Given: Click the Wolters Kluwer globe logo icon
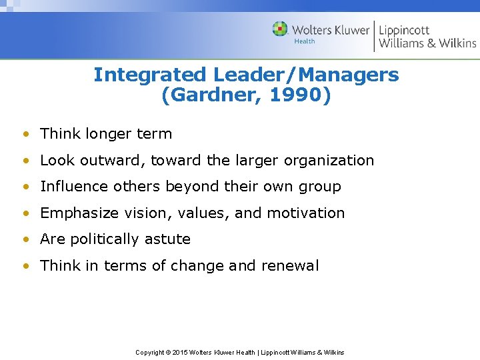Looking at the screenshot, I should pos(280,29).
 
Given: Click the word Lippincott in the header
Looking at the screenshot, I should pos(404,30).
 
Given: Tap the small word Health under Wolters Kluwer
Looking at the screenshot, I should pos(305,41).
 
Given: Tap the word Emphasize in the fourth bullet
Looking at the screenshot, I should pos(79,213).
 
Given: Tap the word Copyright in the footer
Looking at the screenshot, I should pos(150,352).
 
